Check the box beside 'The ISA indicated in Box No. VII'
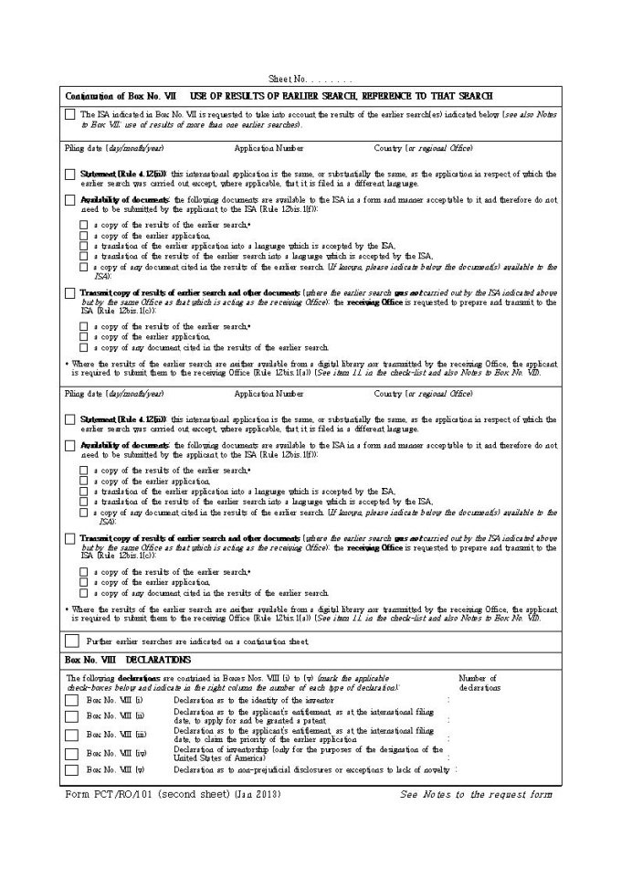click(70, 114)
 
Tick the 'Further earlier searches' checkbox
click(71, 641)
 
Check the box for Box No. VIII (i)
click(71, 700)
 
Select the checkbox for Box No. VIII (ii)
click(71, 716)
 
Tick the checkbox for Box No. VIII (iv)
click(71, 753)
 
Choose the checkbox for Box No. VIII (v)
click(71, 769)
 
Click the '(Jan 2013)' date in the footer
click(258, 793)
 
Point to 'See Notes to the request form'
click(476, 793)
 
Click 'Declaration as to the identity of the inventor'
click(247, 700)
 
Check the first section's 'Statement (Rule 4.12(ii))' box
click(70, 175)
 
